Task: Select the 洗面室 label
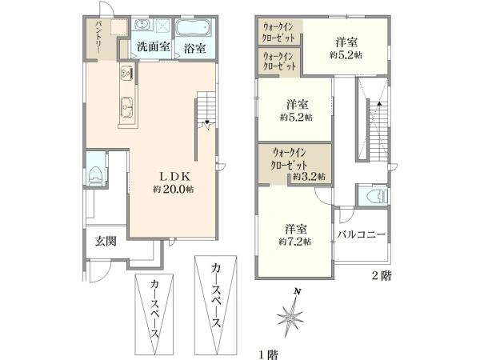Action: point(151,47)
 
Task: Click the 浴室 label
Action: point(194,47)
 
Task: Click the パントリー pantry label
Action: point(98,38)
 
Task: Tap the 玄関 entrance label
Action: point(106,241)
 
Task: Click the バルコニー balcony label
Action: point(362,234)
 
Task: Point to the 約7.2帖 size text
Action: point(296,240)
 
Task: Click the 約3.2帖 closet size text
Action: point(307,176)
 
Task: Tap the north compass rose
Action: point(291,315)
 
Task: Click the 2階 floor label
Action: point(381,276)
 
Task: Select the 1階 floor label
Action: point(267,352)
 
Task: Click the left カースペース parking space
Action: point(154,315)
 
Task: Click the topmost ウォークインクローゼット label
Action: point(278,31)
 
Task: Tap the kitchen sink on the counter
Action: point(127,105)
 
